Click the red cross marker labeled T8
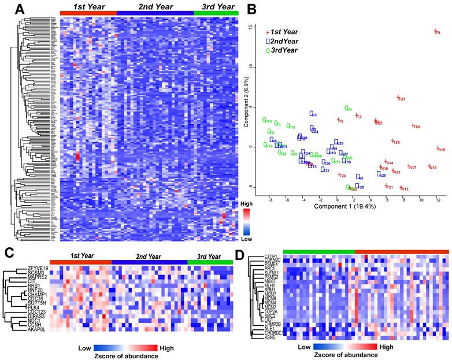pos(434,31)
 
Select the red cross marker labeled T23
pos(398,98)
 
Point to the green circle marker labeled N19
pos(265,120)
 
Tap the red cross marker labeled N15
pos(438,149)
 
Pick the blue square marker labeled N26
pos(379,174)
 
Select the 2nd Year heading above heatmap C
pos(149,256)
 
